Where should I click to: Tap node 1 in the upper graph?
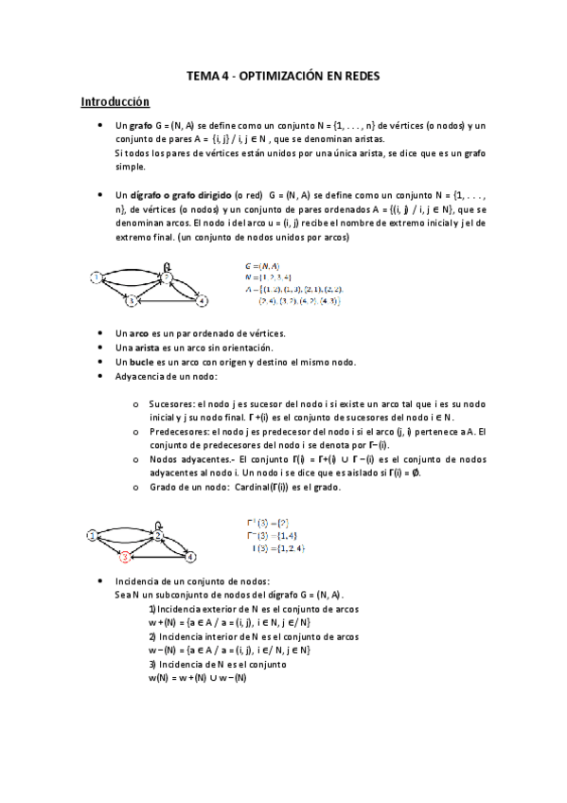96,277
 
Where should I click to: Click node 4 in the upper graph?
202,300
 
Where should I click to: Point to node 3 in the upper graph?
134,301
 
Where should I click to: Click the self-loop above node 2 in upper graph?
168,266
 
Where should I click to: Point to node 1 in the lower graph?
92,535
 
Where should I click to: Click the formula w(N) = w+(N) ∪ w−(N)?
197,677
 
